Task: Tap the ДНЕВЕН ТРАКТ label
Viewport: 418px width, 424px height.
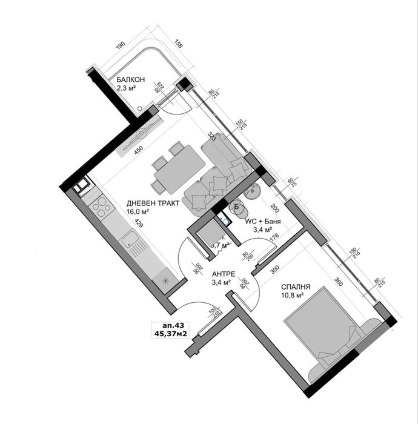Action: click(x=153, y=204)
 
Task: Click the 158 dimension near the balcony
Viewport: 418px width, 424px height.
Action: click(x=177, y=44)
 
